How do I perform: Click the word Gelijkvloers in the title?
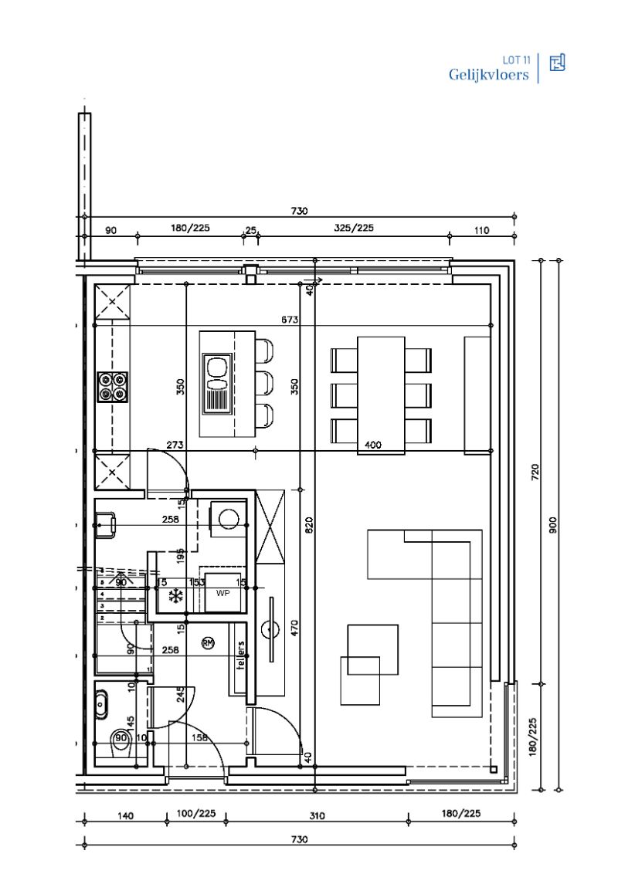tap(488, 75)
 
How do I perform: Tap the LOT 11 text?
tap(515, 59)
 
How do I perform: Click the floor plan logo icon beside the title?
tap(557, 63)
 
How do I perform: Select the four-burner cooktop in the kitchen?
tap(112, 387)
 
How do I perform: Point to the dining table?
tap(381, 395)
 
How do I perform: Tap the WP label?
tap(222, 594)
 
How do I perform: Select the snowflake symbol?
tap(175, 595)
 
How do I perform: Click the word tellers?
tap(241, 656)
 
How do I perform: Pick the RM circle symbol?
tap(208, 642)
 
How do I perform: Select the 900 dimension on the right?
tap(553, 525)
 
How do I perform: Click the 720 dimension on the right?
tap(535, 472)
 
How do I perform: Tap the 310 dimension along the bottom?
tap(315, 815)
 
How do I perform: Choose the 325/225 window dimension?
tap(354, 229)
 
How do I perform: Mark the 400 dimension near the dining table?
tap(373, 445)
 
